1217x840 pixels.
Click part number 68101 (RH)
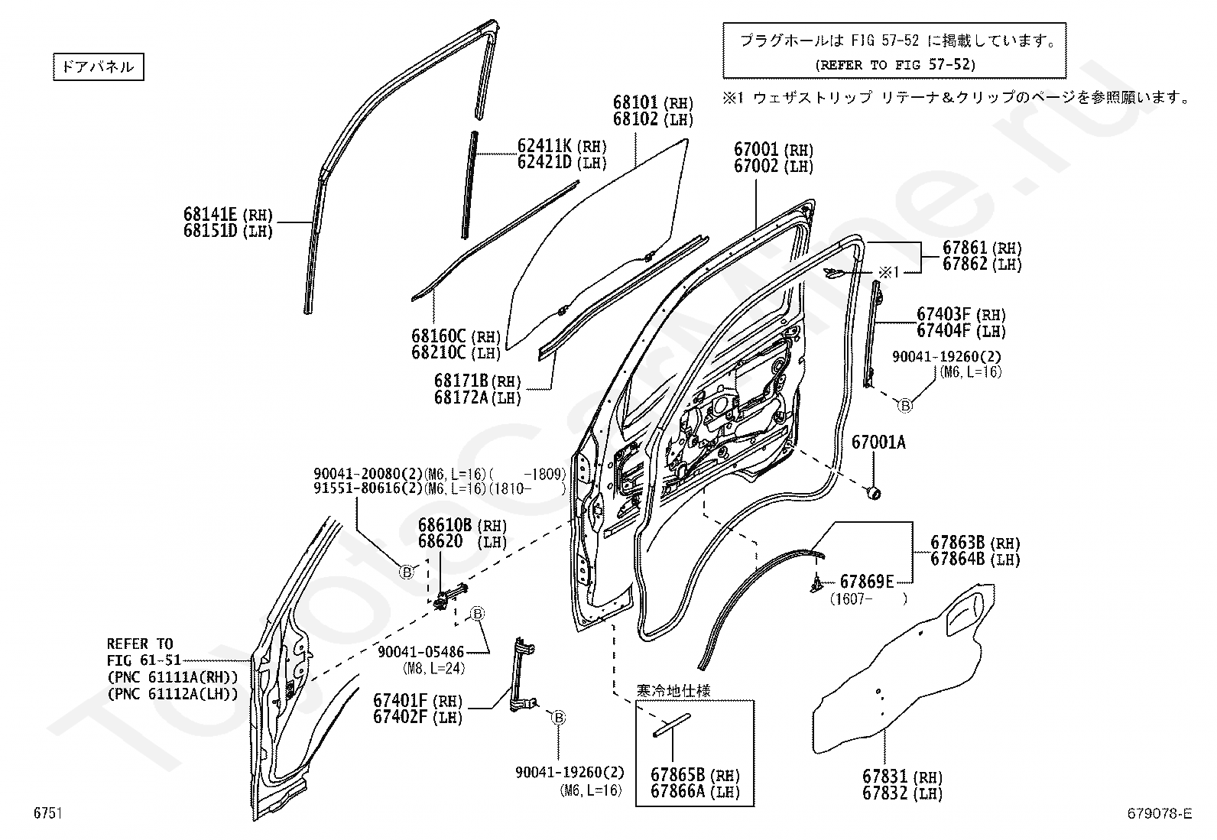pos(653,102)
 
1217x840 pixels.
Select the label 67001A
pos(878,443)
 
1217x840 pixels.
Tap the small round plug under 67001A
pos(873,493)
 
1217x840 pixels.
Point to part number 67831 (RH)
pos(902,777)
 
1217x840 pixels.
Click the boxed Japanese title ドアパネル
pos(99,66)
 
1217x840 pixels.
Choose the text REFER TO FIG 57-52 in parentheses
pos(895,65)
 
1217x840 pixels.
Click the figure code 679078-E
pos(1160,813)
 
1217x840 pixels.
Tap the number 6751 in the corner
pos(48,812)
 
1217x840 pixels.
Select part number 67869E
pos(867,582)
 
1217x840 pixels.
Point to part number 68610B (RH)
pos(462,525)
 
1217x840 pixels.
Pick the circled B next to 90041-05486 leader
pos(477,614)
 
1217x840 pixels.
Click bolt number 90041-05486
pos(421,651)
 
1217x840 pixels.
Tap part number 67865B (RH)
pos(696,775)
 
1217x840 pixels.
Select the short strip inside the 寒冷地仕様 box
pos(671,725)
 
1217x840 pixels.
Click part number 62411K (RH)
pos(562,146)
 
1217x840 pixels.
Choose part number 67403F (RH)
pos(961,314)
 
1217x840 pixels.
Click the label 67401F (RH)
pos(417,700)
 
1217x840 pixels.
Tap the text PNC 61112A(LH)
pos(173,694)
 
